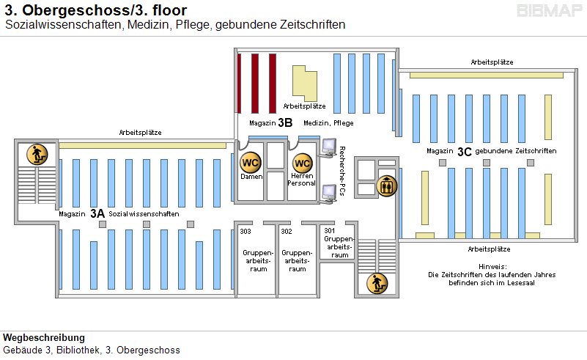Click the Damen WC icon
pyautogui.click(x=251, y=162)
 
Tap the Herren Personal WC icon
pyautogui.click(x=302, y=163)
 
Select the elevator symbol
pyautogui.click(x=385, y=186)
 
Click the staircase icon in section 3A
pyautogui.click(x=37, y=155)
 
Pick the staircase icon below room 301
pyautogui.click(x=377, y=282)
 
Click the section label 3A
pyautogui.click(x=97, y=214)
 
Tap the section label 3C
pyautogui.click(x=464, y=152)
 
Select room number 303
pyautogui.click(x=245, y=231)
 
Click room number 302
pyautogui.click(x=287, y=231)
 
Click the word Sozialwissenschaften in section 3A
pyautogui.click(x=144, y=214)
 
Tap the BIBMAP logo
pyautogui.click(x=549, y=12)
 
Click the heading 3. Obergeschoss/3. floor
pyautogui.click(x=95, y=11)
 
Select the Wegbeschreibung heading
pyautogui.click(x=44, y=338)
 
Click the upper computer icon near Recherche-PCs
pyautogui.click(x=329, y=144)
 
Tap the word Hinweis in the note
pyautogui.click(x=492, y=266)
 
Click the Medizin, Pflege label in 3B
pyautogui.click(x=323, y=122)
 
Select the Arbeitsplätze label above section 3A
pyautogui.click(x=141, y=133)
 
